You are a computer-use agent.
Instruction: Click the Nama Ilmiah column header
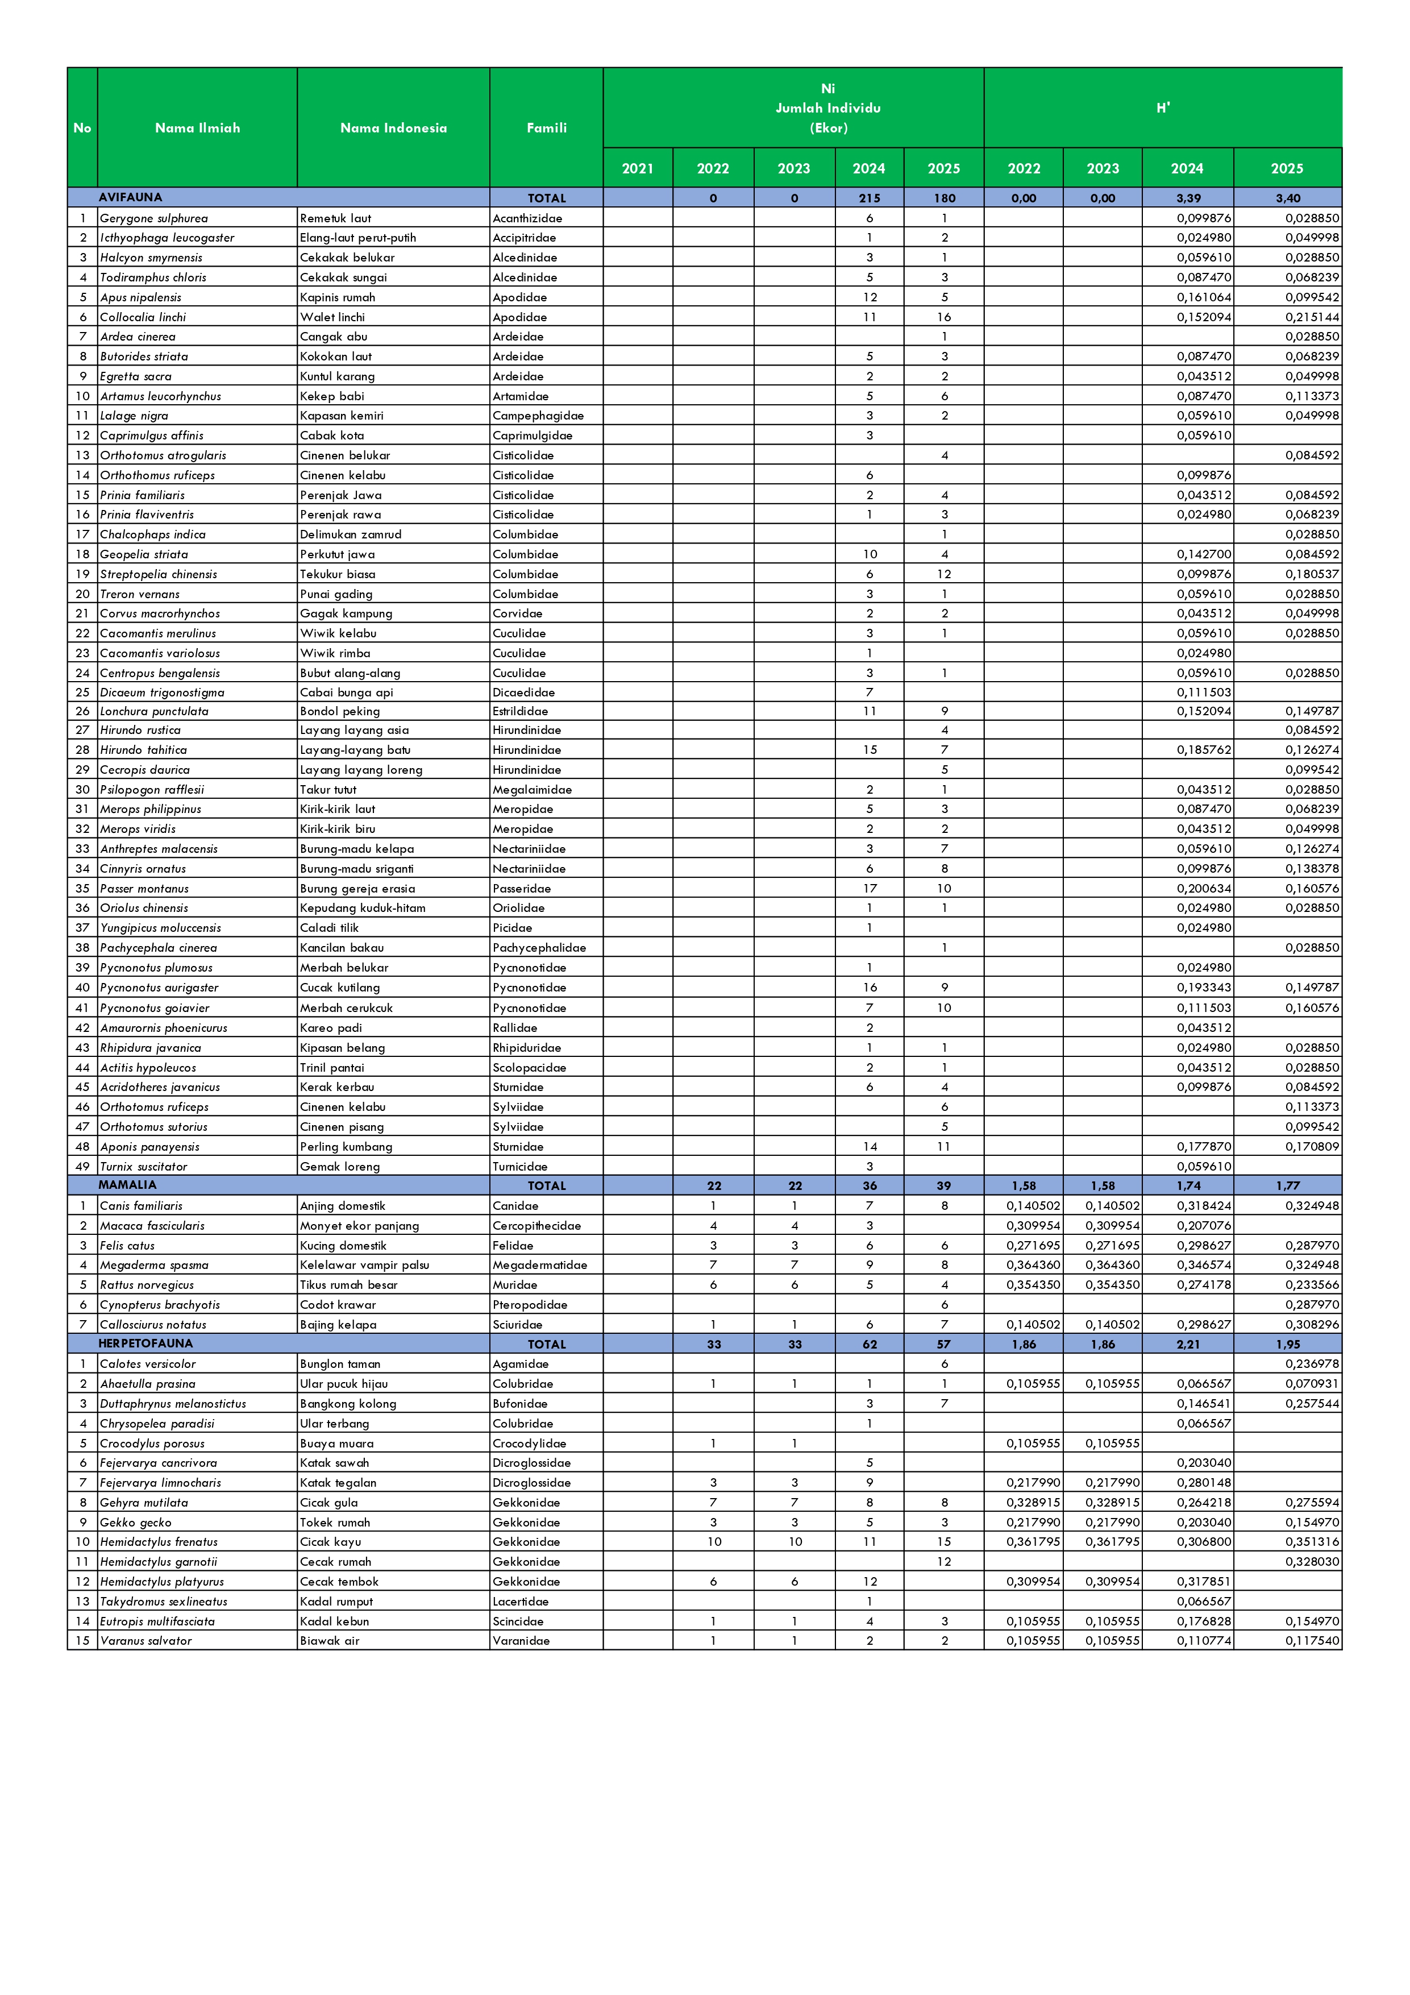click(197, 128)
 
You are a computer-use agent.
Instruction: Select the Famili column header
click(547, 128)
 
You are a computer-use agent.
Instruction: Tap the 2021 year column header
click(638, 168)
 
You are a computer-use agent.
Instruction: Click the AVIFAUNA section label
click(130, 197)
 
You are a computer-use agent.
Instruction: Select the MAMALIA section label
click(128, 1184)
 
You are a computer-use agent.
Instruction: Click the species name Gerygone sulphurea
click(154, 218)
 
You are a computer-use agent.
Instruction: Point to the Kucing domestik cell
click(343, 1245)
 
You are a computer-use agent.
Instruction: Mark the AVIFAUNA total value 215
click(870, 198)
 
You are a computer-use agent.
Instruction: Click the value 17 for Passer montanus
click(870, 888)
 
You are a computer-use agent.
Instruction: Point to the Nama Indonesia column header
click(393, 128)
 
